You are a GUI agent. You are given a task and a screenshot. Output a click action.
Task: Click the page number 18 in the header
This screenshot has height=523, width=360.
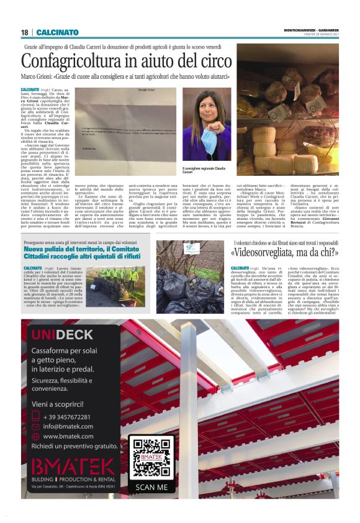tap(24, 32)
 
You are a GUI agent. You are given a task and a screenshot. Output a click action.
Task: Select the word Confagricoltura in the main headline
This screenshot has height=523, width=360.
tap(71, 61)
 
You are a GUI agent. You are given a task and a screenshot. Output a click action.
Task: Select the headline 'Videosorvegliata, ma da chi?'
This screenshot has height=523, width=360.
tap(285, 252)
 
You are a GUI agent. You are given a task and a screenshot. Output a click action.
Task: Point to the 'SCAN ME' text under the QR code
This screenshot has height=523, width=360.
tap(151, 487)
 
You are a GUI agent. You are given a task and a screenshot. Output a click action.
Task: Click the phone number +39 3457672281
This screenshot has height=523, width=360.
tap(66, 416)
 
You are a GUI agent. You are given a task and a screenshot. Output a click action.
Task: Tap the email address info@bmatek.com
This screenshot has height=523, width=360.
tap(68, 426)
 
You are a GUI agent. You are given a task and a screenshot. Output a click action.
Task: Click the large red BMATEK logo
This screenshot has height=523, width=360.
tap(73, 466)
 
